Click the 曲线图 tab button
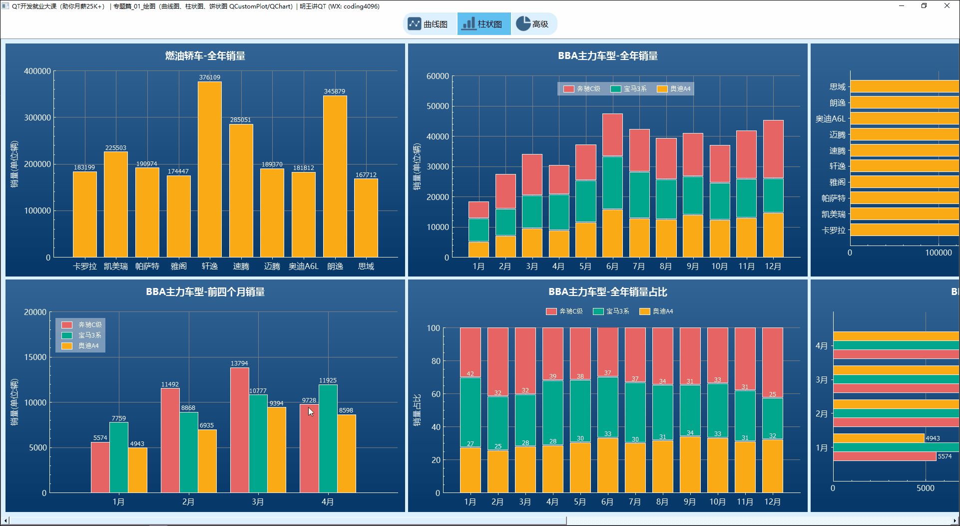(429, 24)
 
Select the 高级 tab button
(533, 24)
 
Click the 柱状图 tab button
(483, 24)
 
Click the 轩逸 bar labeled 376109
(210, 170)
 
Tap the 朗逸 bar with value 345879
(335, 175)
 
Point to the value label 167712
(366, 175)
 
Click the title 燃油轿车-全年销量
(205, 56)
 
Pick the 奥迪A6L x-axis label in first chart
(303, 266)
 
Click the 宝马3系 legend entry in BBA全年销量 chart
(629, 89)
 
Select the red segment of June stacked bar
(612, 135)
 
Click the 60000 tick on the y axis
(438, 76)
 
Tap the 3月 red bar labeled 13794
(239, 430)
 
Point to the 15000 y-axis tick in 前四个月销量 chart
(35, 357)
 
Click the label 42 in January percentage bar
(470, 373)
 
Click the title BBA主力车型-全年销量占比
(607, 292)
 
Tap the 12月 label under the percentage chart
(772, 501)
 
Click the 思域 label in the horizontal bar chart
(837, 87)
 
